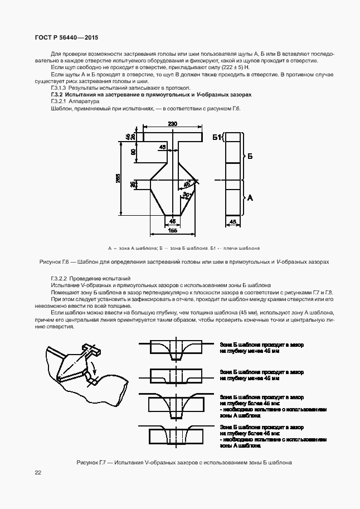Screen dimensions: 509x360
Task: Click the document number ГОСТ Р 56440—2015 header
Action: [66, 37]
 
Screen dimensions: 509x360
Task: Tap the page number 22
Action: [38, 473]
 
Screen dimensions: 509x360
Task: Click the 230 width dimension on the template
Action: [172, 124]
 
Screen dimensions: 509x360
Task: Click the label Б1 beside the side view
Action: [216, 137]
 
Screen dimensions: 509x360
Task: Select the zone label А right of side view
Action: [250, 197]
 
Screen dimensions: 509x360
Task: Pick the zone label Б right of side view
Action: [250, 157]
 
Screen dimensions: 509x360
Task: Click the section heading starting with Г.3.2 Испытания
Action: [151, 95]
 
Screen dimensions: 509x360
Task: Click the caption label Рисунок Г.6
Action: [56, 261]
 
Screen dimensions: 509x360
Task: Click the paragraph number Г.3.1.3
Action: [59, 88]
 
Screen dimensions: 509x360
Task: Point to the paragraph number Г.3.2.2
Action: [59, 278]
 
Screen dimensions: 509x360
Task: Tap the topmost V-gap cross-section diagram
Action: [177, 348]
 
